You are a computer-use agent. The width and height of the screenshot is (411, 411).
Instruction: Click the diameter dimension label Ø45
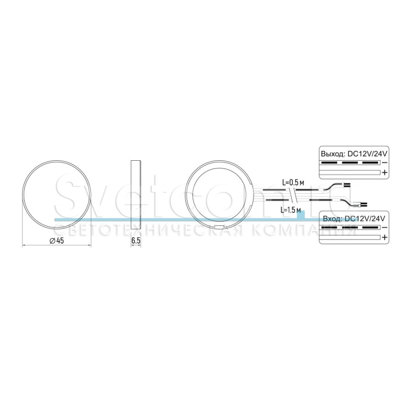[x=57, y=240]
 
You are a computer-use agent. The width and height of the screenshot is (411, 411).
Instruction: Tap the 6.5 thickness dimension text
[x=136, y=241]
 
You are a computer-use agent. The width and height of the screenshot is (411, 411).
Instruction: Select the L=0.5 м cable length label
[x=293, y=183]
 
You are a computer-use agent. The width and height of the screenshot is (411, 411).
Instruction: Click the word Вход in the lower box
[x=332, y=219]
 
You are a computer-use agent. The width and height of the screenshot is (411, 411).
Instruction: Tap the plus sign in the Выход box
[x=385, y=173]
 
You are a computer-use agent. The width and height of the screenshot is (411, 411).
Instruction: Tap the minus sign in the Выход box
[x=385, y=163]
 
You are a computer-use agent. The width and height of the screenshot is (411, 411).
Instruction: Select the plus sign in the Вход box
[x=385, y=237]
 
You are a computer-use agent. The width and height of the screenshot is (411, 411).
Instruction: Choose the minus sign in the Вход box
[x=385, y=227]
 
